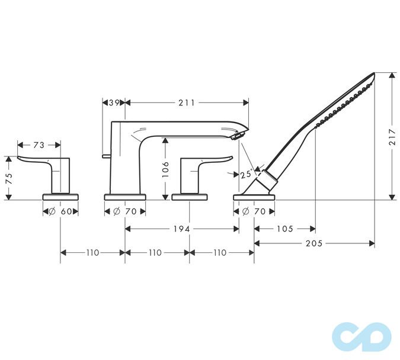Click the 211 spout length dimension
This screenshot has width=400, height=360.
186,103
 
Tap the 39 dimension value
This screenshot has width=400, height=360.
115,103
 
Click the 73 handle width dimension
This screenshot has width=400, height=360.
39,144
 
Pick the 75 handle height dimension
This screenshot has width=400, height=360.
8,178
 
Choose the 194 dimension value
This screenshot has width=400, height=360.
182,229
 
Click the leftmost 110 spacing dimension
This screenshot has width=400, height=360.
92,252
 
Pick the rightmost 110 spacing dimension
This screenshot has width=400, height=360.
220,252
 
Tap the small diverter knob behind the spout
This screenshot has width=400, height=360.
105,157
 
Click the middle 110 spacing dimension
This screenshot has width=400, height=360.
156,252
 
